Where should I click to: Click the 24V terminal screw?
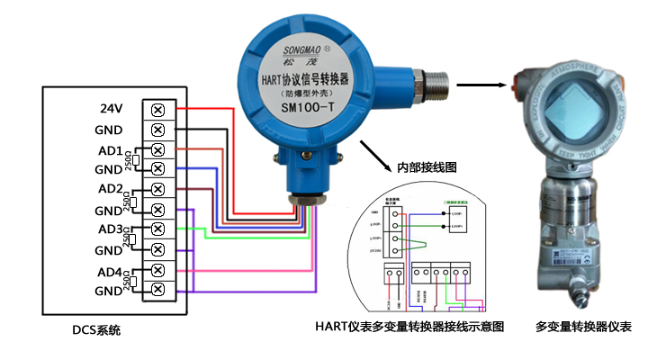(158, 110)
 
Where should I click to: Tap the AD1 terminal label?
(111, 149)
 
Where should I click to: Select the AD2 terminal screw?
(158, 189)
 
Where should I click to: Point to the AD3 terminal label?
(110, 229)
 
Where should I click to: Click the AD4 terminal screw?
(158, 269)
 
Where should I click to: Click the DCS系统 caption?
(96, 330)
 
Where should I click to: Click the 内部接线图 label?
(427, 167)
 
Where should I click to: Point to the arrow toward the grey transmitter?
(478, 86)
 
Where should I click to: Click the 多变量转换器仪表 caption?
(583, 327)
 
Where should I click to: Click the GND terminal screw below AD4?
(158, 289)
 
